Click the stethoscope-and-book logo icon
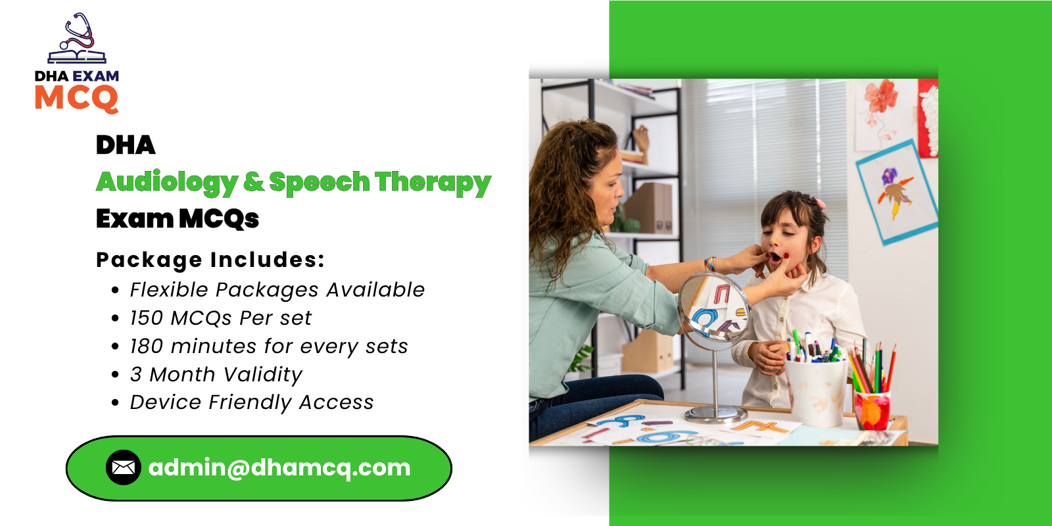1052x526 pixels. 77,39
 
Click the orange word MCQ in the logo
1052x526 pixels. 76,99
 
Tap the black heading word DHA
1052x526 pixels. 126,145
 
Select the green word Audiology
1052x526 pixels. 167,182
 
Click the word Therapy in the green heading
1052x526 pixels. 433,182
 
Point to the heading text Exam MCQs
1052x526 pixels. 178,218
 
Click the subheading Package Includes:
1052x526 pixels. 210,260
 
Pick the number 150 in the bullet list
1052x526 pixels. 146,318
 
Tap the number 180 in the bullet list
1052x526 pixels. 146,347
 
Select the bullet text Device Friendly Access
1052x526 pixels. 252,402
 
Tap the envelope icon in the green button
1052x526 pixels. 124,467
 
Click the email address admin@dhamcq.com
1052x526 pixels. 279,467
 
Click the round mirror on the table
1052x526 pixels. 713,308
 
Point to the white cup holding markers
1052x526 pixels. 816,391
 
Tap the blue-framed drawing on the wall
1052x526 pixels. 896,192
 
